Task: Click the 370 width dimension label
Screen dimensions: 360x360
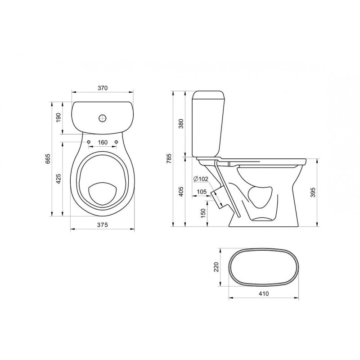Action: (103, 88)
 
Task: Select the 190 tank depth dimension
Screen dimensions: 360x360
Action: (58, 117)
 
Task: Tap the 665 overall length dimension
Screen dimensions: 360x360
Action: (48, 159)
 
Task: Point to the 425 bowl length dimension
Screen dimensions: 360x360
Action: (58, 179)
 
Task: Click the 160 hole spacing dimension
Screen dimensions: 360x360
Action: (103, 143)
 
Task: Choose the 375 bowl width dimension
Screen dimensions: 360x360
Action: (103, 225)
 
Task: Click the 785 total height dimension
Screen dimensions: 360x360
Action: (169, 158)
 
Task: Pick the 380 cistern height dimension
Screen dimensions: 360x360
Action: (181, 124)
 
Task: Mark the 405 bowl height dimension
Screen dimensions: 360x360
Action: (181, 191)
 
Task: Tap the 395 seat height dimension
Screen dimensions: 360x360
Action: (313, 193)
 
